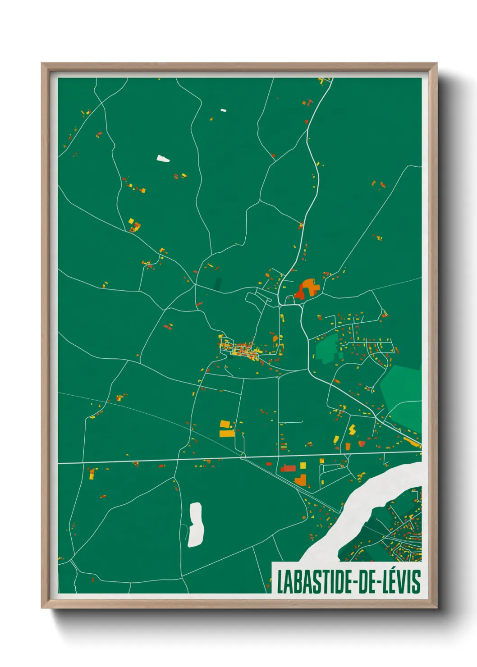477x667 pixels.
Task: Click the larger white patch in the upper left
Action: pos(163,159)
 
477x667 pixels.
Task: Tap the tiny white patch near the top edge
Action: pos(223,110)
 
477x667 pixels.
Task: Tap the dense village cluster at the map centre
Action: pos(243,350)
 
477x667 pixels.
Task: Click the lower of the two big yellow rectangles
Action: pos(227,434)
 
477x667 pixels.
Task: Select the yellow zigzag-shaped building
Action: pos(352,429)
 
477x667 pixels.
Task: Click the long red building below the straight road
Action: pos(288,469)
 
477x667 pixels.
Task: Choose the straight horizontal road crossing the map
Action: pos(180,460)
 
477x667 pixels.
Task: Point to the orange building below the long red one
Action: pos(300,480)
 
